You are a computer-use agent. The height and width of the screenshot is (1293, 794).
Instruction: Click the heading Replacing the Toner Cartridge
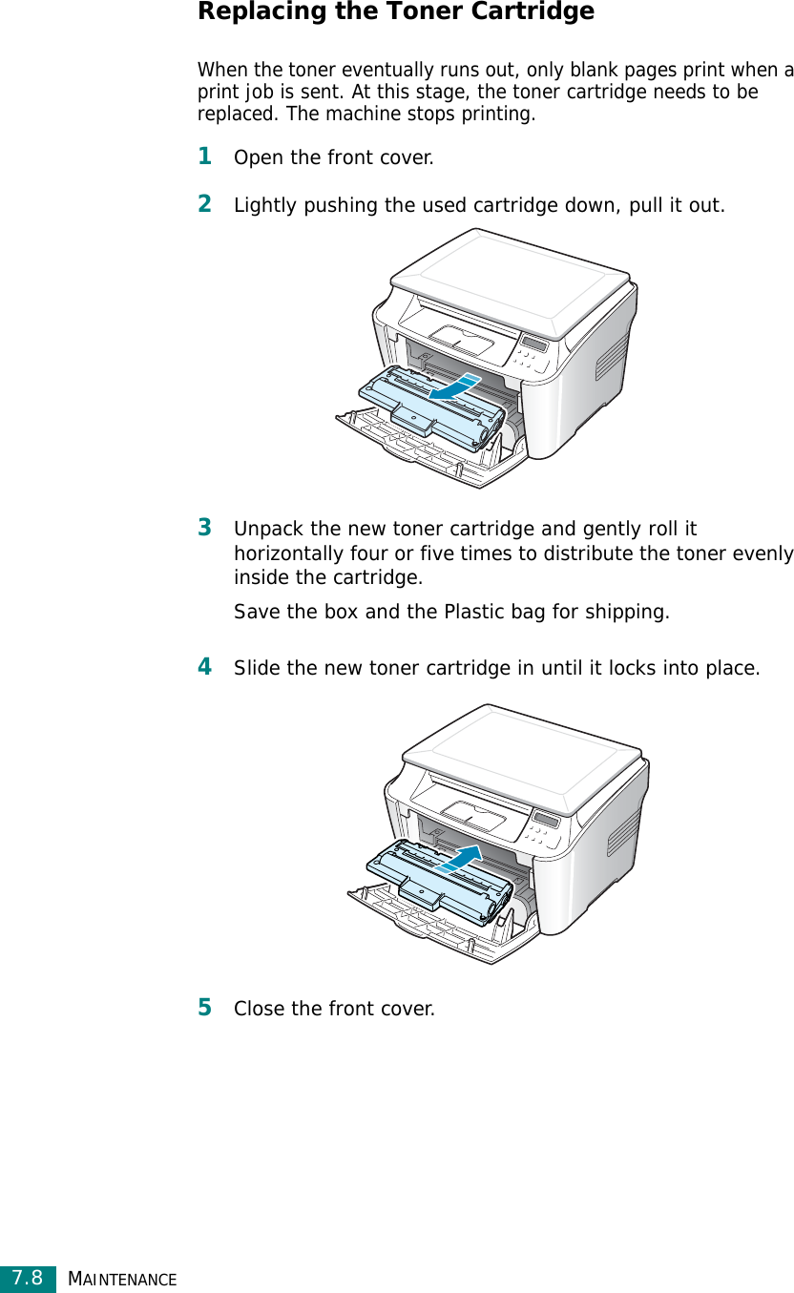click(395, 12)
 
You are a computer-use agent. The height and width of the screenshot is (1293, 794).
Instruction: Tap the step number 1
click(204, 156)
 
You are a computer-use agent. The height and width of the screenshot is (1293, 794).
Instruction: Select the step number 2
click(204, 203)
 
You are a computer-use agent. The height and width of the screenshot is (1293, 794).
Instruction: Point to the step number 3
click(204, 527)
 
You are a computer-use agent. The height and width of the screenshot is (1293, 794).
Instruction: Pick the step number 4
click(204, 666)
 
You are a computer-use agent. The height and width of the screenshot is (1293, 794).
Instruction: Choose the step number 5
click(204, 1007)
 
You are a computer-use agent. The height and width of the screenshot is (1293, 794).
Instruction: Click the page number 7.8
click(28, 1277)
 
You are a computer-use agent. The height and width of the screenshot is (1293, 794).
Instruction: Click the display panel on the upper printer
click(534, 344)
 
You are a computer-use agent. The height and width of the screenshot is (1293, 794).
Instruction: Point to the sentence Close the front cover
click(334, 1009)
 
